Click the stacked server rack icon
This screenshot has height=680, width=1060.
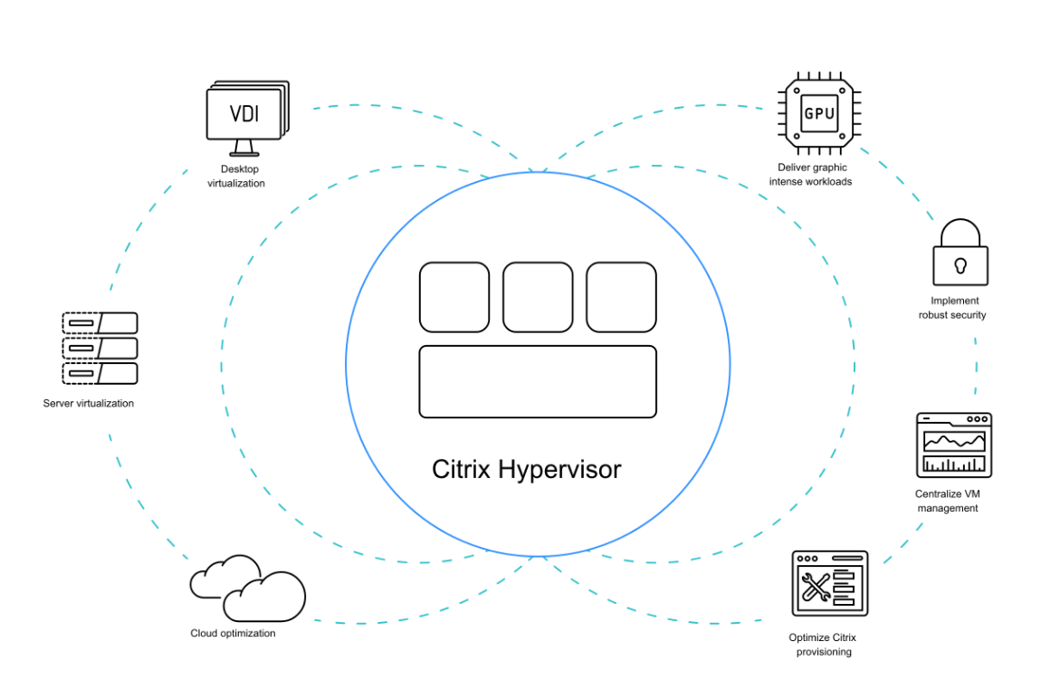[x=100, y=349]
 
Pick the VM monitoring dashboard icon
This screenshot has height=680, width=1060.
[x=954, y=445]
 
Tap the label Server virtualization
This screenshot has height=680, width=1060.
[x=89, y=403]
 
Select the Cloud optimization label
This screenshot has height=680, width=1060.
[x=233, y=633]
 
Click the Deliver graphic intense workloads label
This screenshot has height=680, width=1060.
[x=810, y=174]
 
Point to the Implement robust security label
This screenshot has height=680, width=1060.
[x=952, y=308]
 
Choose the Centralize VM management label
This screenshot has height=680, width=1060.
[x=948, y=501]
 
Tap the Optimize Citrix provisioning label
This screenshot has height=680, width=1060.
[x=824, y=645]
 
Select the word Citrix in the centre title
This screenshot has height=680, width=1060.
[x=462, y=470]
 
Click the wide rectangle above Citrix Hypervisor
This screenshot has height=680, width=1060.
[x=537, y=381]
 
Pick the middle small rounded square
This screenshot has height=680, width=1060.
[x=538, y=297]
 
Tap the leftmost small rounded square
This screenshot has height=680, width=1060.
[x=454, y=297]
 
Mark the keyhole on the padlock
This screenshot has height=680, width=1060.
[x=960, y=265]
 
